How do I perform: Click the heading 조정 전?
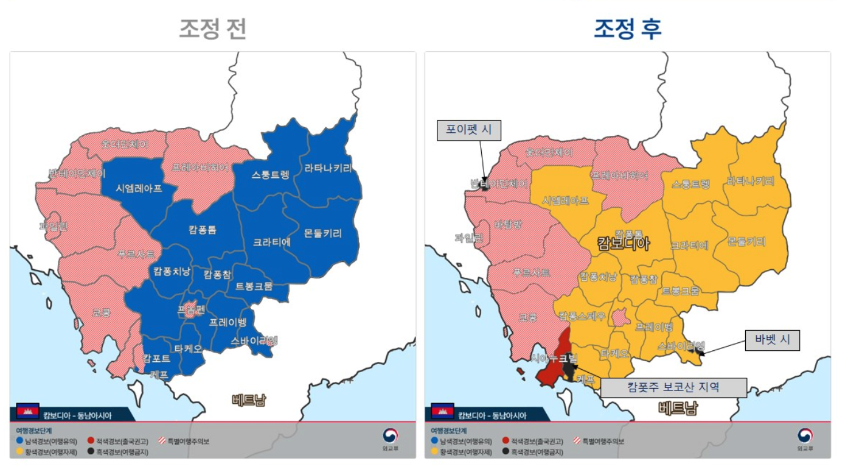(x=212, y=29)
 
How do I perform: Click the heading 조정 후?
(x=627, y=29)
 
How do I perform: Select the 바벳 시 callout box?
(x=772, y=340)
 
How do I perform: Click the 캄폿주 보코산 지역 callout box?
(x=673, y=387)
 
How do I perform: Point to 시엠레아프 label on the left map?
(x=139, y=188)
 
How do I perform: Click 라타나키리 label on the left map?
(x=328, y=169)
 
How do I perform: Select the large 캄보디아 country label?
(x=623, y=244)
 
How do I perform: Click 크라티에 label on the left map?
(x=272, y=242)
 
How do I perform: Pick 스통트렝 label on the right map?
(x=690, y=184)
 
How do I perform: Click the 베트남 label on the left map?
(x=249, y=400)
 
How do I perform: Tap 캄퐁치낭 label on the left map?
(x=172, y=272)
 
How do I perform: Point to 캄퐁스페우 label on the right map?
(x=582, y=316)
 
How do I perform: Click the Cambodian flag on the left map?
(x=27, y=411)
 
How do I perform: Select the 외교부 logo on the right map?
(x=804, y=439)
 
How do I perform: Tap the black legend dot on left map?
(x=90, y=452)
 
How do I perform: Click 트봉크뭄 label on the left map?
(x=254, y=286)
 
